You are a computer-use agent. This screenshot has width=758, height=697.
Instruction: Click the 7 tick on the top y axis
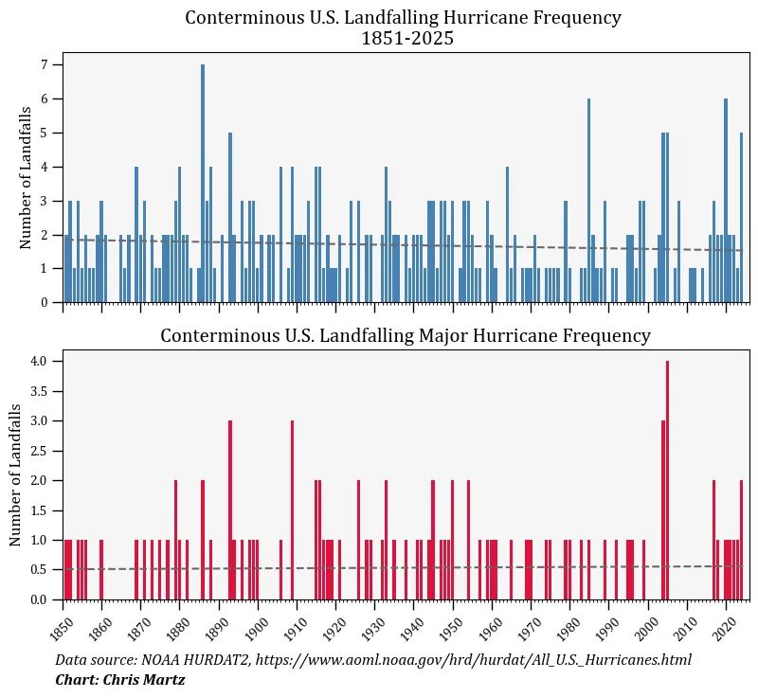pyautogui.click(x=44, y=64)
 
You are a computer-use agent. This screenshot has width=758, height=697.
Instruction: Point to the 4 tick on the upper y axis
pyautogui.click(x=44, y=168)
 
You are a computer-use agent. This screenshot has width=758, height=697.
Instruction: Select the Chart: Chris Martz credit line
pyautogui.click(x=119, y=680)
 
